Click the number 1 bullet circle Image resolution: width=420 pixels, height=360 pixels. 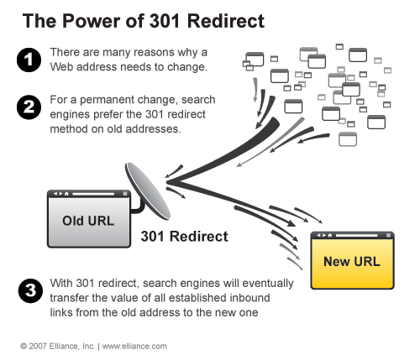click(27, 58)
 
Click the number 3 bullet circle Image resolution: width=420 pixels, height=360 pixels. click(27, 291)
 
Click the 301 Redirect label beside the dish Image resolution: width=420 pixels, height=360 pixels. click(184, 237)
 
